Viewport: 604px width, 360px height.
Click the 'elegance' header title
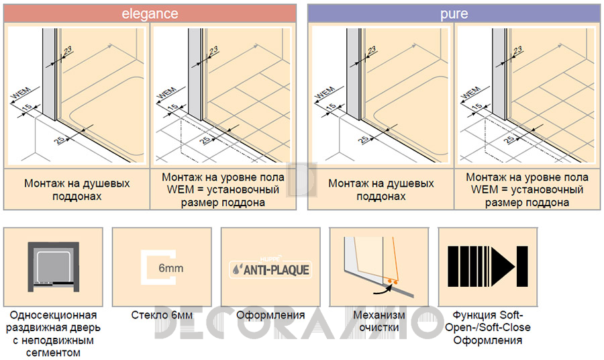(150, 14)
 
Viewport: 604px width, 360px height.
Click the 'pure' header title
(454, 14)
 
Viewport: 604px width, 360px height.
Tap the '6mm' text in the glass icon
(171, 268)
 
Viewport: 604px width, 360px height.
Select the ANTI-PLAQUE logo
(270, 268)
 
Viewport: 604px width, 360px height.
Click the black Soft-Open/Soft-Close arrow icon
(488, 267)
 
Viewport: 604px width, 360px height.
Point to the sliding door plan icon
(54, 267)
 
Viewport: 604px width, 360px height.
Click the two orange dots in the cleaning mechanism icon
(392, 282)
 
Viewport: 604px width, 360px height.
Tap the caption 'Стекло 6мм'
(162, 315)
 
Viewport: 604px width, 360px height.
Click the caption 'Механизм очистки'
(379, 321)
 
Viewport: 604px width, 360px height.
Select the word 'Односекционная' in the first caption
(53, 315)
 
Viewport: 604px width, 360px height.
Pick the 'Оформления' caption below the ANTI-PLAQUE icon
(270, 315)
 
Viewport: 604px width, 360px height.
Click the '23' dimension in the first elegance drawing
(67, 50)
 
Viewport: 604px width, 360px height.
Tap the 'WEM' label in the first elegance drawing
(20, 93)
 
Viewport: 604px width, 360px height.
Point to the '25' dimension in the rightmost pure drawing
(509, 140)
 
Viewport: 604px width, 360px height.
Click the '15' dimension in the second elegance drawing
(173, 107)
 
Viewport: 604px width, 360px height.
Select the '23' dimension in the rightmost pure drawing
(517, 50)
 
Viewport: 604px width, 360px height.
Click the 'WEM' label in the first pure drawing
(325, 93)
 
